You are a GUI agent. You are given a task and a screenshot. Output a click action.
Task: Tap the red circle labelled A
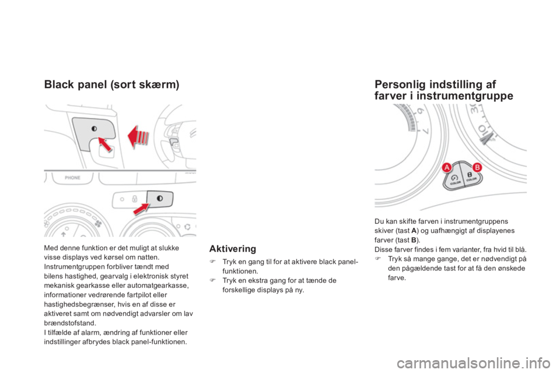coord(448,168)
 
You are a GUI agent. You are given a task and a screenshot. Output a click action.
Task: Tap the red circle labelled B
coord(476,168)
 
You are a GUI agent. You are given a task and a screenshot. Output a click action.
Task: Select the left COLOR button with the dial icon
coord(456,178)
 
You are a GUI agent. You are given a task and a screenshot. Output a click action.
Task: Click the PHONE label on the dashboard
coord(72,177)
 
